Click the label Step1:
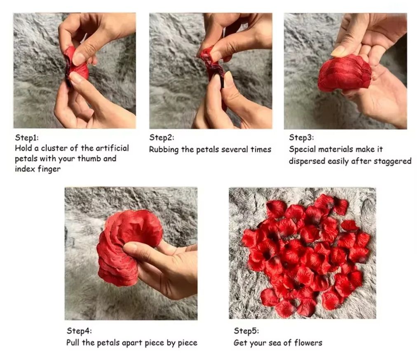[27, 138]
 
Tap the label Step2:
[162, 138]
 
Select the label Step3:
[301, 138]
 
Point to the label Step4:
[79, 331]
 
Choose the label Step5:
[246, 331]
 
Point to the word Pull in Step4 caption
[72, 343]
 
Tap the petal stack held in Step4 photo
[126, 246]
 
